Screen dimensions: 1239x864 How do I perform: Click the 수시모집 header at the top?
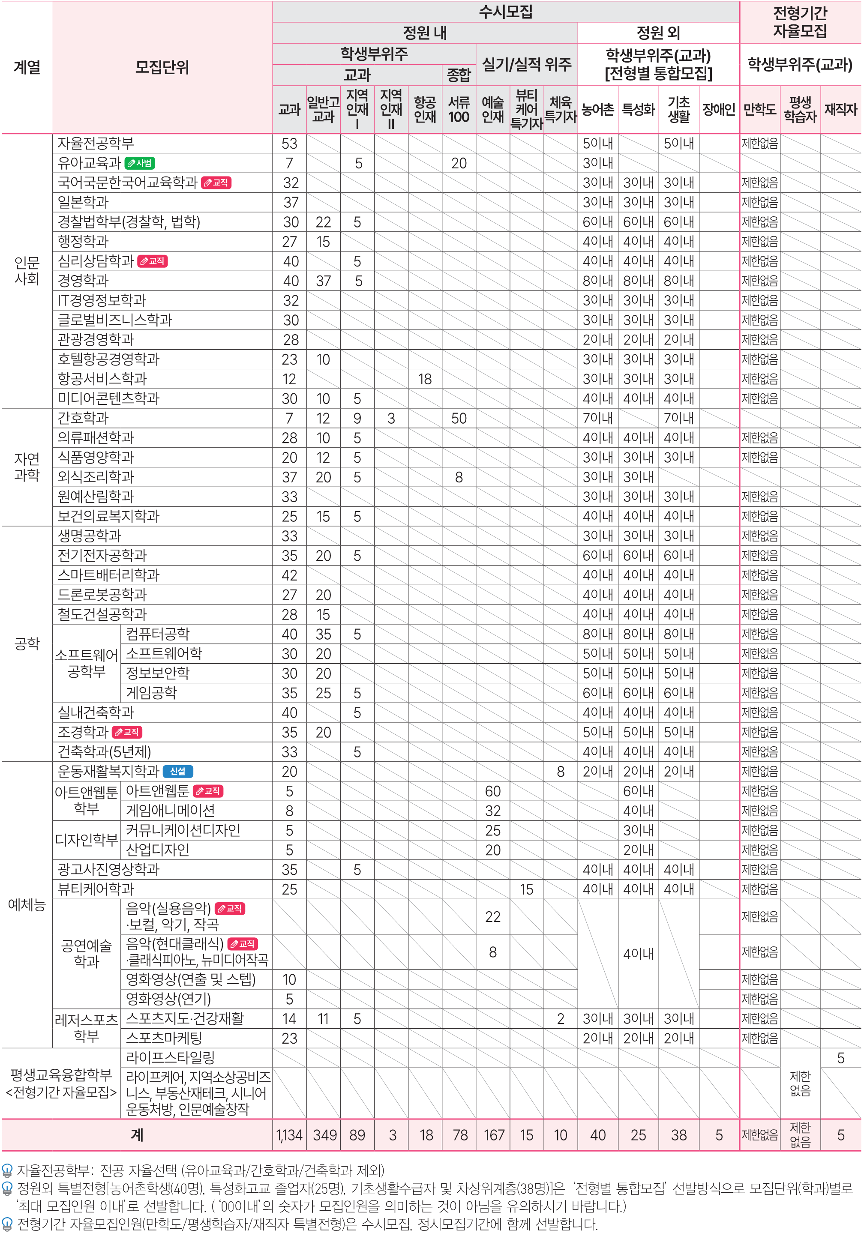505,12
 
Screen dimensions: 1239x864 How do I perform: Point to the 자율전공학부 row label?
96,144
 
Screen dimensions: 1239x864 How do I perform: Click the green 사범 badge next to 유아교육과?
140,163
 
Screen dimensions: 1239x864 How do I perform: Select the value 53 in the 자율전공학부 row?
289,144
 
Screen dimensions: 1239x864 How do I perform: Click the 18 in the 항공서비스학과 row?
425,379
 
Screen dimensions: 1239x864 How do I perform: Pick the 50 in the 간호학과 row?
459,418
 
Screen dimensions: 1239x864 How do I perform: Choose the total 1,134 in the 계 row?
289,1135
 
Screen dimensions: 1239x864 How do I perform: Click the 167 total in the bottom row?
493,1135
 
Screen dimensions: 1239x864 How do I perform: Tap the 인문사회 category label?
27,270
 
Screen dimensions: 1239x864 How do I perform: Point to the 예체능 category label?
27,905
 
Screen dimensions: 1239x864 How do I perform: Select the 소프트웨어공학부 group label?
86,663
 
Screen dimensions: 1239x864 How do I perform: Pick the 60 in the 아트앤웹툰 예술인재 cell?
493,791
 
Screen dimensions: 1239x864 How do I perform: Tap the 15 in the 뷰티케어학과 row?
526,889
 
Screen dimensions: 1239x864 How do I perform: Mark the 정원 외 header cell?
658,33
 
